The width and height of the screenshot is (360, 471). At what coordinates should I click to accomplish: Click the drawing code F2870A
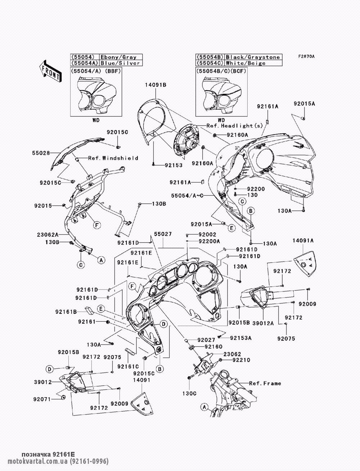coord(306,56)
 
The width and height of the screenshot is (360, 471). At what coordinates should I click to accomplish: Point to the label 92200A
coord(209,241)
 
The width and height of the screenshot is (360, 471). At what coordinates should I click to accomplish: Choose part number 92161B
coord(66,312)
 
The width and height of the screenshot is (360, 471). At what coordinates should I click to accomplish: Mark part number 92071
coord(42,399)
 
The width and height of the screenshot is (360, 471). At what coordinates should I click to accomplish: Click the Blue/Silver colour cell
coord(120,63)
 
